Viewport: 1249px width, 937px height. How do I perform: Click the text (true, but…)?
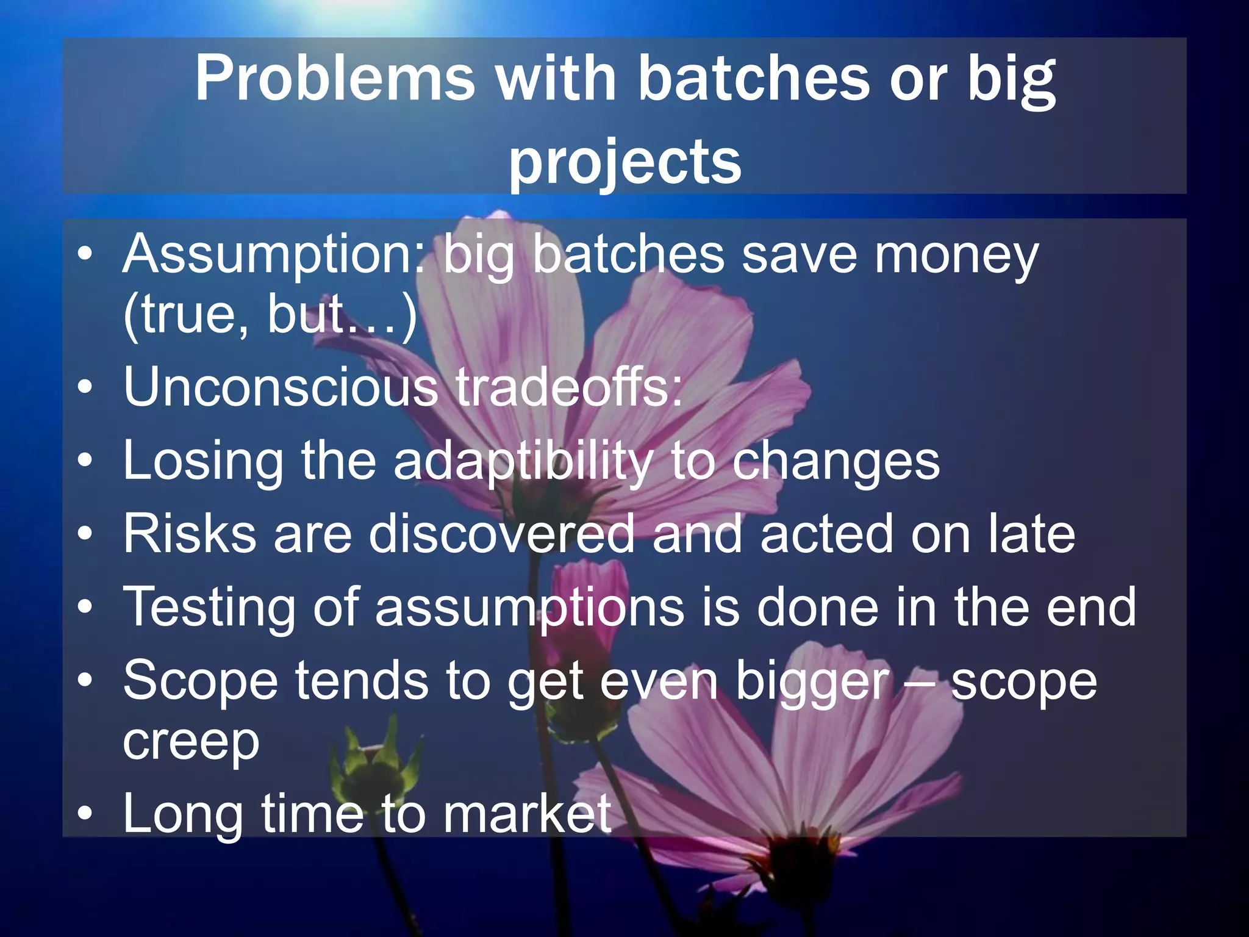270,316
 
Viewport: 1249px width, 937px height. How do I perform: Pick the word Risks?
189,534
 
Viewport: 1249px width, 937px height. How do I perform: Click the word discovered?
501,534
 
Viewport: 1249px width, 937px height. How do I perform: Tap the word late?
1031,534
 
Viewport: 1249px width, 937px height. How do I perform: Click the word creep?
191,743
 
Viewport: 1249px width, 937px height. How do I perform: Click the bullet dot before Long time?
86,814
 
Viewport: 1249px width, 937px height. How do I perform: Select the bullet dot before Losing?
86,462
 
